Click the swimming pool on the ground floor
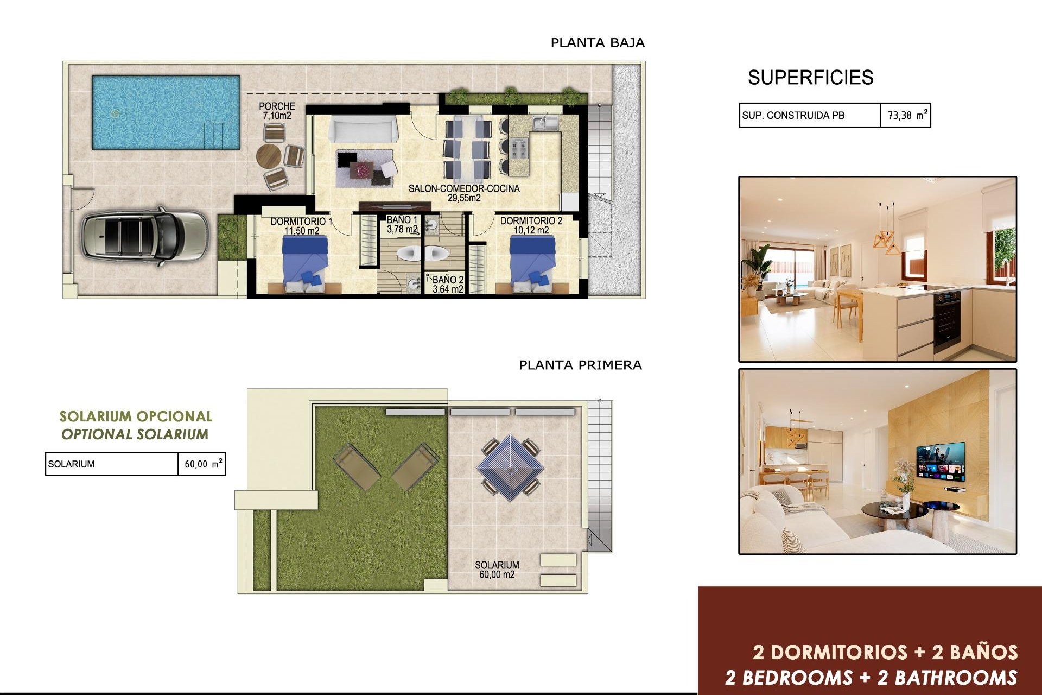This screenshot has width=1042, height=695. point(166,112)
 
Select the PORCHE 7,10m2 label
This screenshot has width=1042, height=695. point(277,111)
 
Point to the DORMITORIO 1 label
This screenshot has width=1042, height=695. point(301,226)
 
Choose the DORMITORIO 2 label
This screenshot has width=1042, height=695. point(531,225)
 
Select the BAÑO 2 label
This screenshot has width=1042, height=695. point(448,285)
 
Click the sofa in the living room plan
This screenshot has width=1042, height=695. point(363,130)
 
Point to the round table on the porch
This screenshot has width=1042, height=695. point(269,156)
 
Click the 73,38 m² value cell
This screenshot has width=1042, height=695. point(905,115)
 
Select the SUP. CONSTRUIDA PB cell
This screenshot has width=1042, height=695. point(809,115)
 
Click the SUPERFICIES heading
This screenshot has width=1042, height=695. point(810,78)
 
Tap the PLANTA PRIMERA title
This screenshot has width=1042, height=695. point(580,365)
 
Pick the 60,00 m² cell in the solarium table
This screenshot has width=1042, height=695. point(202,464)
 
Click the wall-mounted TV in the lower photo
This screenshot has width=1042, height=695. point(941,462)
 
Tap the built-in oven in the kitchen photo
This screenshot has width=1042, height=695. point(947,320)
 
